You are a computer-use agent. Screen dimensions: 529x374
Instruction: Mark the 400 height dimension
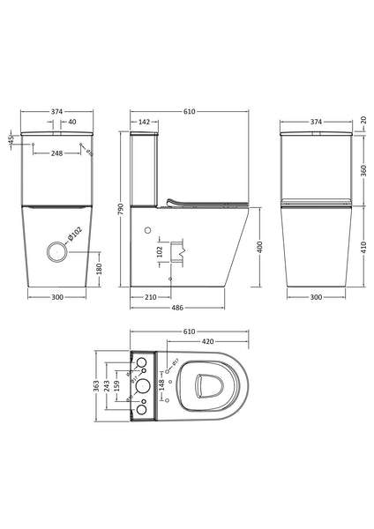pyautogui.click(x=259, y=249)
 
